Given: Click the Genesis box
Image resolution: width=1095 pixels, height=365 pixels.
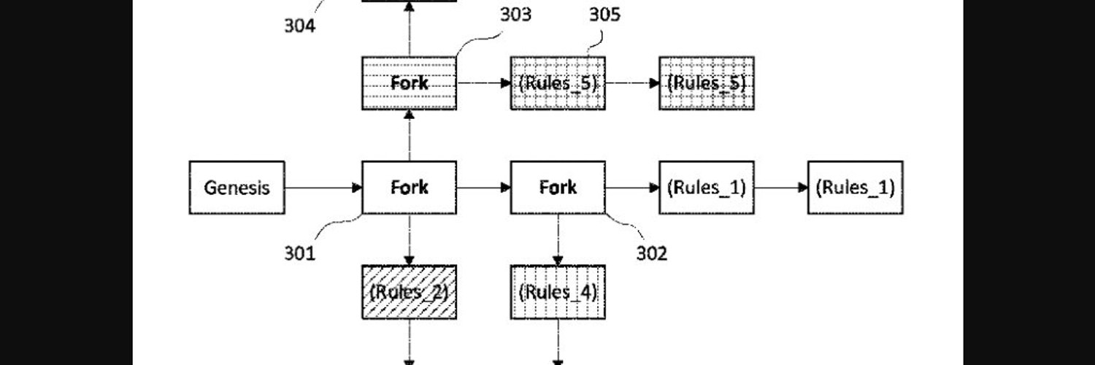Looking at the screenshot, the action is [x=237, y=188].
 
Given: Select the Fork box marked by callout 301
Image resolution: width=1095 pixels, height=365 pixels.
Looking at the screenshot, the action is [x=409, y=188].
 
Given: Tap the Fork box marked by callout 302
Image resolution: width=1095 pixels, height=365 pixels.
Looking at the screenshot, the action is [x=558, y=188].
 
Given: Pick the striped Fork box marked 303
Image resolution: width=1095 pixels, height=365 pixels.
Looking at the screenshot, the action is [x=409, y=83].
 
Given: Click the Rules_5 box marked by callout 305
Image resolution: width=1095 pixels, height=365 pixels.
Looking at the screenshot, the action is [x=558, y=83].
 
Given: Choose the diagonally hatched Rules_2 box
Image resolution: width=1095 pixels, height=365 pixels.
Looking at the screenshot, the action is [x=409, y=292].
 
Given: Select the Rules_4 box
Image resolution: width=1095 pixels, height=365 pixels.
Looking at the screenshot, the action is [x=558, y=292].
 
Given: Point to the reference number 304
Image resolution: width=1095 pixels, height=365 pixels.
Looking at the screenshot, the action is [x=299, y=26].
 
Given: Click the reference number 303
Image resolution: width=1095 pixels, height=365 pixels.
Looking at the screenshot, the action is [x=515, y=15].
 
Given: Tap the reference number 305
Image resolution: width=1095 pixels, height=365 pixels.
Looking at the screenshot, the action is [x=604, y=15].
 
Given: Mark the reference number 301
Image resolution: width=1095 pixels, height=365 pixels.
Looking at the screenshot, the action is [x=299, y=253].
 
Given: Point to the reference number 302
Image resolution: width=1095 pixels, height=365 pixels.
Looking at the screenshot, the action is [x=652, y=253].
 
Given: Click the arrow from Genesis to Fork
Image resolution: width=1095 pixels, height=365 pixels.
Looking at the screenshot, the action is [x=323, y=188].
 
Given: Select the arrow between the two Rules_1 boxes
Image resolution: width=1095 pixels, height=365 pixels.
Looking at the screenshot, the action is [x=781, y=188].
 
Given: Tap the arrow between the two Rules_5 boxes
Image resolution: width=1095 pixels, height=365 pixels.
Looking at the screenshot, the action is [x=633, y=83].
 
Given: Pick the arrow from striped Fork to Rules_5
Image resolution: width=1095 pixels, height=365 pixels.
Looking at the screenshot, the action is [x=484, y=83].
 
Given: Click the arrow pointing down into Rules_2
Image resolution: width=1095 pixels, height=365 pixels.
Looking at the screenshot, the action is [x=409, y=240].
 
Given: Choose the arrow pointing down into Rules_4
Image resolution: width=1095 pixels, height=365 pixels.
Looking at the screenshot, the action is [x=558, y=240].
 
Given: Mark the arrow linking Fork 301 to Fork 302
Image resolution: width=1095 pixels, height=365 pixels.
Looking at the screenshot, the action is [x=484, y=188].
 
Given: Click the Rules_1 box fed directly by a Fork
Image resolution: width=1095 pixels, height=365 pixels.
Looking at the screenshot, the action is [x=707, y=188].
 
